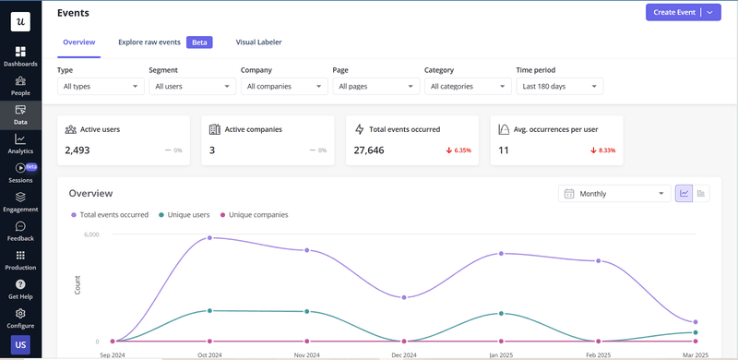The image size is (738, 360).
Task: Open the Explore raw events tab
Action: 149,42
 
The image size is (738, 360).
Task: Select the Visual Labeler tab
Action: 258,42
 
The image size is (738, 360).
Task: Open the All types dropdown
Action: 100,86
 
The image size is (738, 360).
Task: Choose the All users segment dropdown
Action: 192,86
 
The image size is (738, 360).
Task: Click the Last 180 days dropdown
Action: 559,86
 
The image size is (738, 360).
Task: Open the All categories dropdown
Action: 467,86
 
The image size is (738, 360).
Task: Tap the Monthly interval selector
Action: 614,194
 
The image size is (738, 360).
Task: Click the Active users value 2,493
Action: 77,150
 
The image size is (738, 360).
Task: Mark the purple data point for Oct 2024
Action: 210,237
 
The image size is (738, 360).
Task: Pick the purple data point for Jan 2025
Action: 501,253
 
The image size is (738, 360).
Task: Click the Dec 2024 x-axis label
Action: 403,354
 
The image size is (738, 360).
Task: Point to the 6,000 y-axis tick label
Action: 90,234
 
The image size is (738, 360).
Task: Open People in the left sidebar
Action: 20,86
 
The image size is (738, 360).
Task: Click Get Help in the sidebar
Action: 20,289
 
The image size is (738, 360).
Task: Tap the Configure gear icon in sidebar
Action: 20,314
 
